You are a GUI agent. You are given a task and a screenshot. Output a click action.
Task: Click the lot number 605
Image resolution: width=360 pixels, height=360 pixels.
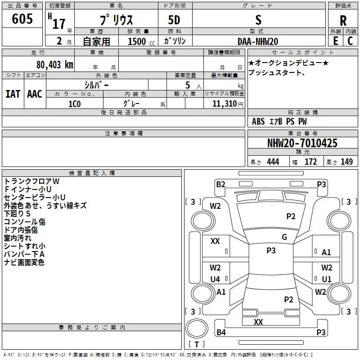(x=23, y=19)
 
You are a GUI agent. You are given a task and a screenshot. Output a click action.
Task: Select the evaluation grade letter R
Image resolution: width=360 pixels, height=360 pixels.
(x=343, y=21)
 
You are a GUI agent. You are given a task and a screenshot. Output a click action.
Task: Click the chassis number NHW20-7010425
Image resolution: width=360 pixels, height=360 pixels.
(x=302, y=143)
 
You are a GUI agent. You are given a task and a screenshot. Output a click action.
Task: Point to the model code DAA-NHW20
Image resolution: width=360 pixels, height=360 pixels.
(x=258, y=41)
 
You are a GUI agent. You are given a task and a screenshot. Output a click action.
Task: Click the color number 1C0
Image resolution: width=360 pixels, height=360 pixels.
(x=74, y=103)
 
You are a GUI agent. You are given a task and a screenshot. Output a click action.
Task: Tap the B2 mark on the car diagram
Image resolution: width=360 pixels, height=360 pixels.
(x=220, y=184)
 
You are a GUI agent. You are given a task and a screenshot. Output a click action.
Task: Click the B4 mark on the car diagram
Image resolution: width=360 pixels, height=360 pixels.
(x=221, y=333)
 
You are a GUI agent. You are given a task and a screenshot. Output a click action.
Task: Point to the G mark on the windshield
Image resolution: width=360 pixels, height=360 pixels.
(x=284, y=237)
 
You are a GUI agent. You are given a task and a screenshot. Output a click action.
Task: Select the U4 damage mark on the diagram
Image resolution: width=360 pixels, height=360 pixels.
(x=216, y=279)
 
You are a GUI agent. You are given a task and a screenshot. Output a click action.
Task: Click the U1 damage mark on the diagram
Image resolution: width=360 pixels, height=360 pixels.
(x=326, y=279)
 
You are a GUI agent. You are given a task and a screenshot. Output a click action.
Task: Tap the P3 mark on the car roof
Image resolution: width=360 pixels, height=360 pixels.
(x=271, y=251)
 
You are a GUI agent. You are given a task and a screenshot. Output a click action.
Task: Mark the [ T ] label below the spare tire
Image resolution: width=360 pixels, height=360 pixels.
(x=196, y=344)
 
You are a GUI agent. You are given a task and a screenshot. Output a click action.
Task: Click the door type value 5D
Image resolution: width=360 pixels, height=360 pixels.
(x=174, y=20)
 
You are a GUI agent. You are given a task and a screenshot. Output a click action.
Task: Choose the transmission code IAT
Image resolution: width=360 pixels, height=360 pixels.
(x=13, y=94)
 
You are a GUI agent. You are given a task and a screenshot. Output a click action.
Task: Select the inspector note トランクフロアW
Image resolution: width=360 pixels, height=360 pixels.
(x=31, y=181)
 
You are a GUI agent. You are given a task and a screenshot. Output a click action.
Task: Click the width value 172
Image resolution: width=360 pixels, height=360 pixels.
(x=310, y=162)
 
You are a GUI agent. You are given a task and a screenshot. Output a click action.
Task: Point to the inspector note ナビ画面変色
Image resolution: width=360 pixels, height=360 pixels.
(x=24, y=262)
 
